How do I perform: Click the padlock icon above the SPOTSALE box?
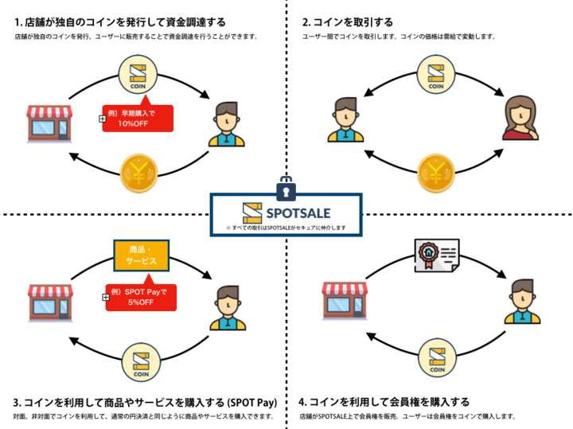286,190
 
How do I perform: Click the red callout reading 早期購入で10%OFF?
138,118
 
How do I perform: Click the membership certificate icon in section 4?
434,256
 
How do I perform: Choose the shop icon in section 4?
343,299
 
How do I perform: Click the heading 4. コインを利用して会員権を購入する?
384,402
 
